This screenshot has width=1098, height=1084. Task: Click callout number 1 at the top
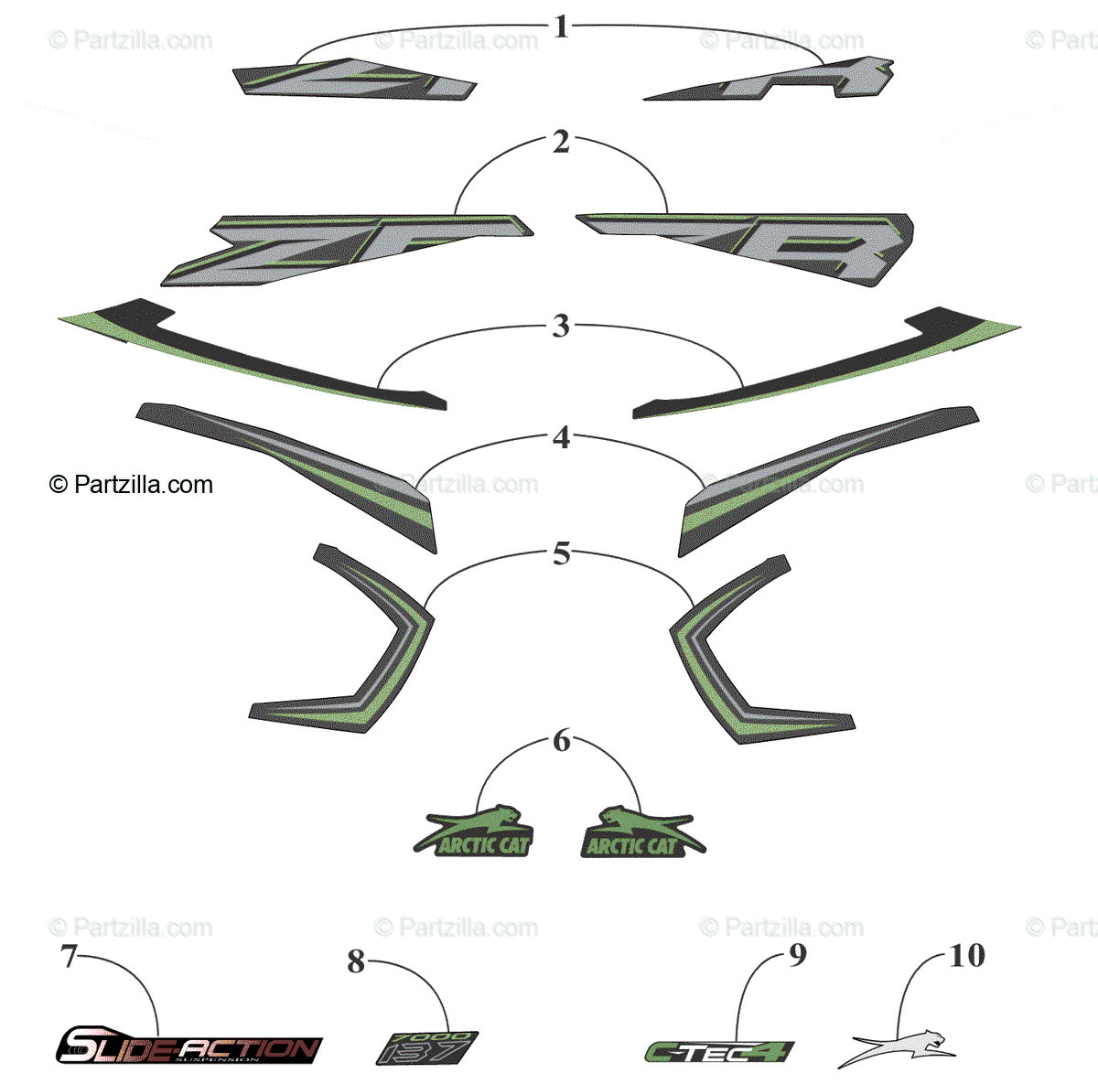[561, 27]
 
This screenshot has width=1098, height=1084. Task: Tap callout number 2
[561, 142]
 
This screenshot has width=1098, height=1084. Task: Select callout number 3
[561, 327]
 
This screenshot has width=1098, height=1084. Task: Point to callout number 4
[561, 438]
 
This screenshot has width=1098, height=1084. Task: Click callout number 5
[561, 553]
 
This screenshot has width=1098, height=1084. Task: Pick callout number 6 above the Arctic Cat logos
[561, 740]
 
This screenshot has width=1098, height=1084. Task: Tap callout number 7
[69, 956]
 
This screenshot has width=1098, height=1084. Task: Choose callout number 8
[356, 961]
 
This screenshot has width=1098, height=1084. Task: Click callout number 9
[798, 955]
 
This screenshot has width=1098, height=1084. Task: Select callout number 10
[966, 956]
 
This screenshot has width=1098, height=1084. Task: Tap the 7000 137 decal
[426, 1047]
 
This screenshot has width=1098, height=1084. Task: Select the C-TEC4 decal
[719, 1052]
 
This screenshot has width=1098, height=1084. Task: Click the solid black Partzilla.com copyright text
[131, 485]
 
